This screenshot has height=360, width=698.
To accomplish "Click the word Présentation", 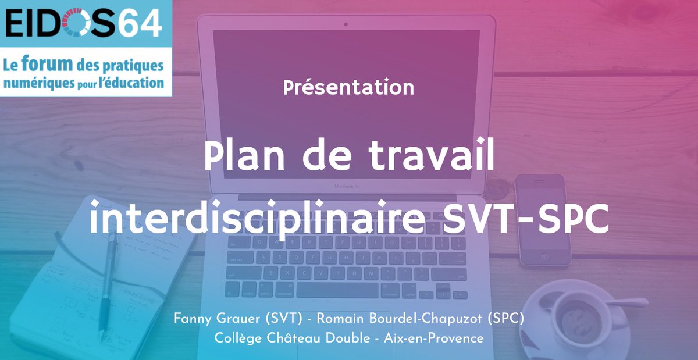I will coord(349,88).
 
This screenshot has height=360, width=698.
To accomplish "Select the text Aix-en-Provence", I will coord(434,338).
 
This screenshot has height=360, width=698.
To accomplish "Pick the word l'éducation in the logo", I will coord(133,82).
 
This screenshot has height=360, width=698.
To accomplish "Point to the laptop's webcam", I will coord(346,24).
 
